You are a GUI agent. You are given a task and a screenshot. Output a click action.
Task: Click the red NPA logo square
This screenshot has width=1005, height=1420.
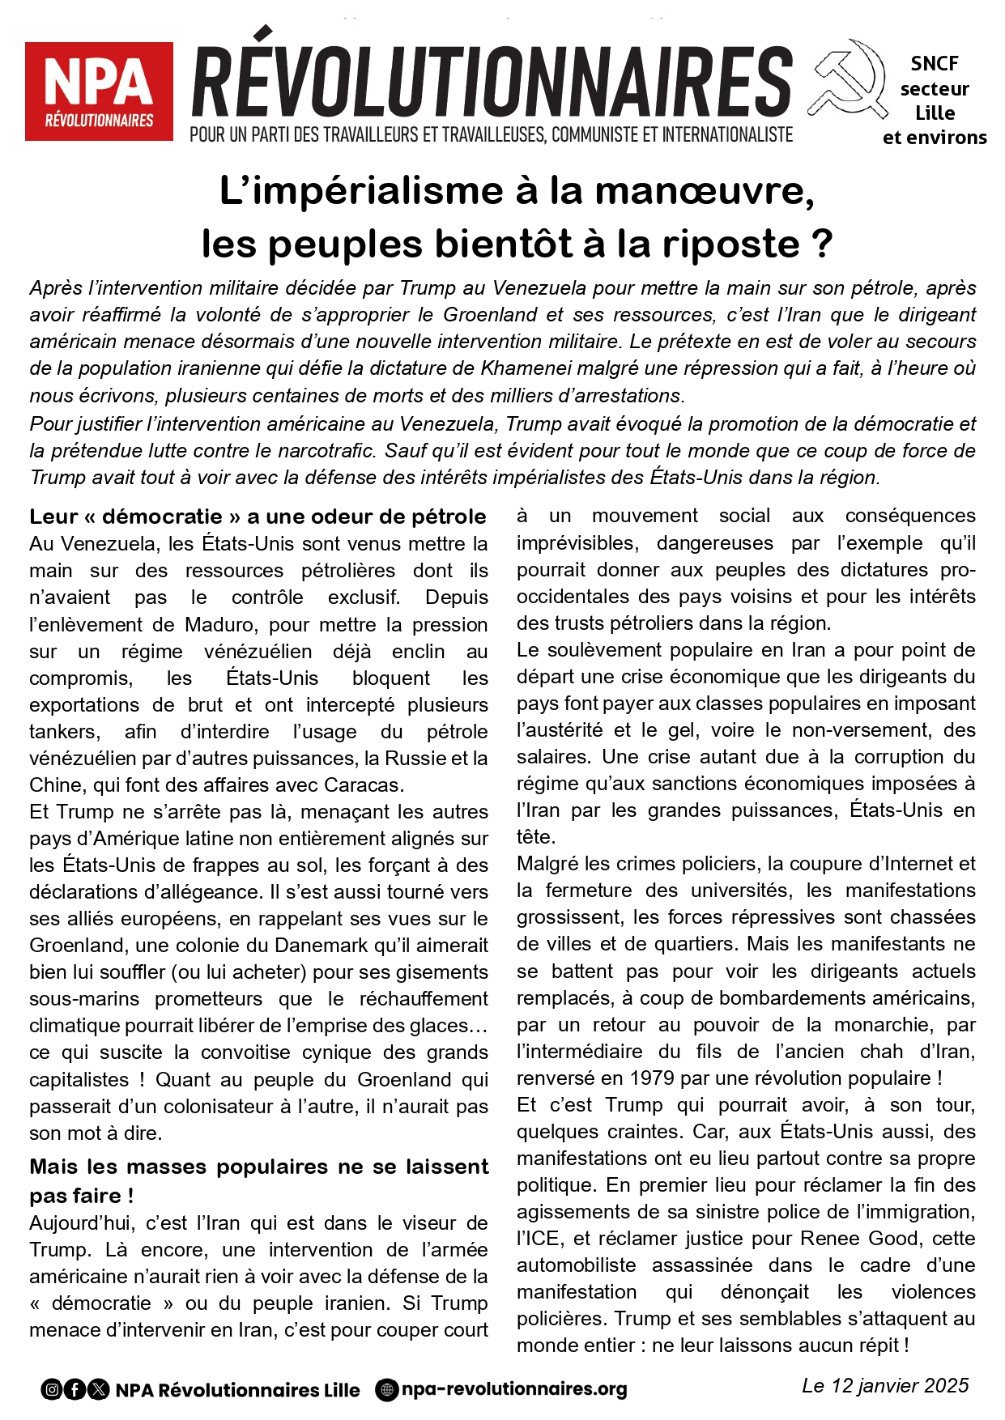click(99, 91)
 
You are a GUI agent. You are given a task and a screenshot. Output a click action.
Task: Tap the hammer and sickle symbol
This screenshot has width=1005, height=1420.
click(847, 79)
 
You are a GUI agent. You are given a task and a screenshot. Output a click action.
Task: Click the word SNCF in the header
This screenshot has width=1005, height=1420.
click(935, 63)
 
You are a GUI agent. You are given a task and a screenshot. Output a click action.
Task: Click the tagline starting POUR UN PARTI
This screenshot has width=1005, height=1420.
click(491, 134)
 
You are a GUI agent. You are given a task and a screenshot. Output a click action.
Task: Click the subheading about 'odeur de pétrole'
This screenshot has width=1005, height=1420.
click(258, 517)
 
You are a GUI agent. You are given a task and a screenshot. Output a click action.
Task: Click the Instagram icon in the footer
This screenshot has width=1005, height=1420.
click(52, 1390)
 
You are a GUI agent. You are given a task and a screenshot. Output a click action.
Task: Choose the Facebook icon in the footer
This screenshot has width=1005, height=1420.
click(75, 1390)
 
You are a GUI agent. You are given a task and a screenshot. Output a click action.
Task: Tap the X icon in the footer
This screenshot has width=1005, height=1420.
click(98, 1390)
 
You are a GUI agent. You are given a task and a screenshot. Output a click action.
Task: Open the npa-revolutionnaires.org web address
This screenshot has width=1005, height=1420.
click(514, 1389)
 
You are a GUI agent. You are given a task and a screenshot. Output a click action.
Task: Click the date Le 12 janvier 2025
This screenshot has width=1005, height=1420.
click(885, 1385)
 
